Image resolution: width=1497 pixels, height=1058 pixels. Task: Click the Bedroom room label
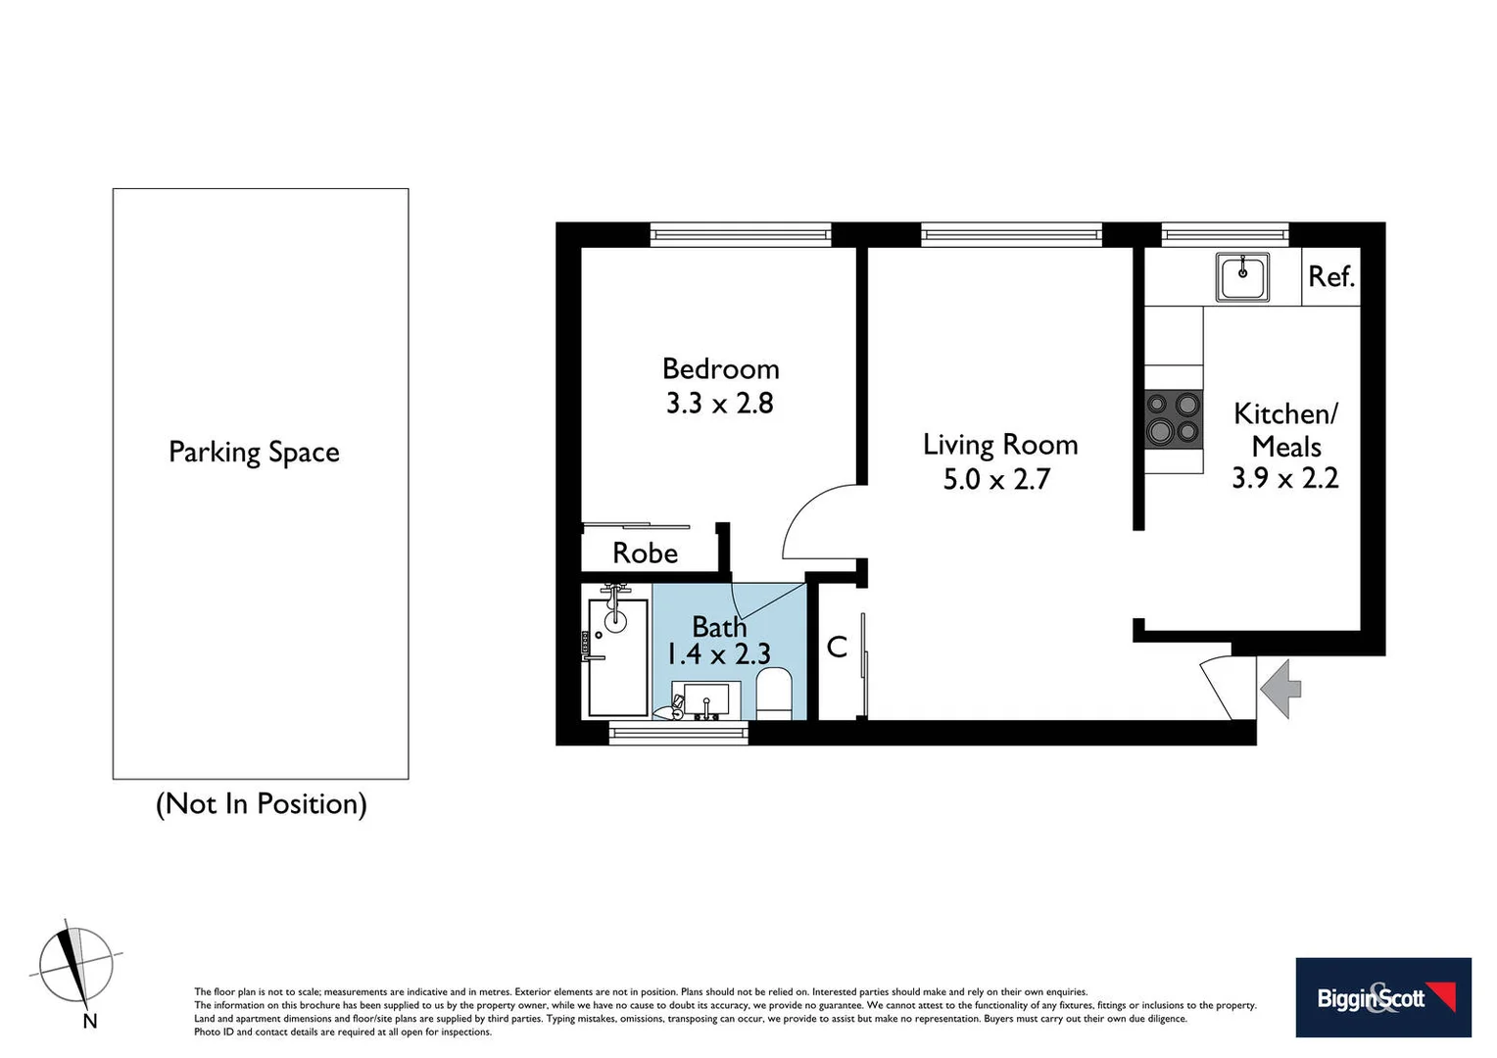coord(721,369)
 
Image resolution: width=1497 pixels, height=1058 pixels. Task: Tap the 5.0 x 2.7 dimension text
coord(996,480)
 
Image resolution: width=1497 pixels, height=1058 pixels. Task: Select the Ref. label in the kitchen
coord(1330,277)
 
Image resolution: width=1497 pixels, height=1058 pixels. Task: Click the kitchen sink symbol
coord(1242,277)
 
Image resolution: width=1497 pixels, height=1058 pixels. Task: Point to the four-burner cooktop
coord(1174,418)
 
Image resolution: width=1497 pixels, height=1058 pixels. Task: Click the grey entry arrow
coord(1280,689)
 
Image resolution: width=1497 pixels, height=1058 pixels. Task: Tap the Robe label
coord(645,553)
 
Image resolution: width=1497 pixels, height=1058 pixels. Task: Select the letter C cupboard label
coord(837,647)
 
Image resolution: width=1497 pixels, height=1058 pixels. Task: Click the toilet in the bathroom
coord(774,693)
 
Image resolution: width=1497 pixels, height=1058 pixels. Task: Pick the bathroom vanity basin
coord(705,699)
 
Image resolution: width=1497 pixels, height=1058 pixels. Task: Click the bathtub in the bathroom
coord(617,656)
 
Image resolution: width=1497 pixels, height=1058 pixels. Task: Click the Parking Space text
coord(254,453)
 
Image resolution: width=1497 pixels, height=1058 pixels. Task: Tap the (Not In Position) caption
coord(261,804)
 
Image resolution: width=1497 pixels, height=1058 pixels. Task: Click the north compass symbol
coord(75,966)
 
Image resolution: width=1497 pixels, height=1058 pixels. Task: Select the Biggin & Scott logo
coord(1382,997)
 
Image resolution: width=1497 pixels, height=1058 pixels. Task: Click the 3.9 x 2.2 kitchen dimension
coord(1284,478)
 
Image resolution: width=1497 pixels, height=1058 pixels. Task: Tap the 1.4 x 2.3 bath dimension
coord(718,654)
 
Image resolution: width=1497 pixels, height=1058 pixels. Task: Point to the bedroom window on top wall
coord(741,234)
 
